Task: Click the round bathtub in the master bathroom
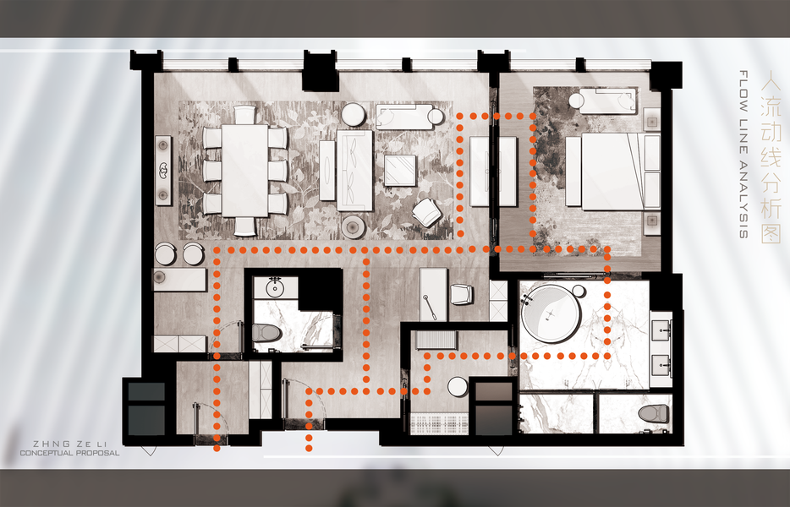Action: (551, 313)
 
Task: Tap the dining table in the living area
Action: (244, 171)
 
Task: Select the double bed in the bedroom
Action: (612, 172)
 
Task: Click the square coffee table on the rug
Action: (401, 170)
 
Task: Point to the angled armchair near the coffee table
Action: (427, 212)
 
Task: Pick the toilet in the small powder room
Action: (266, 333)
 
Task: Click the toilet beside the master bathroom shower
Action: (654, 414)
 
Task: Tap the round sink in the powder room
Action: (275, 288)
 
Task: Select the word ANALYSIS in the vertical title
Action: (743, 200)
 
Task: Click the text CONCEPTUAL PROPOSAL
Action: (69, 453)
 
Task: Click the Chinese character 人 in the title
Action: (771, 83)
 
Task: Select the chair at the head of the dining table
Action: (245, 114)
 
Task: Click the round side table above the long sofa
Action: (354, 115)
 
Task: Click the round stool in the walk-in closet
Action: (458, 387)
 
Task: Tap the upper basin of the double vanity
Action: (661, 330)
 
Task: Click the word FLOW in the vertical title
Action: (743, 88)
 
